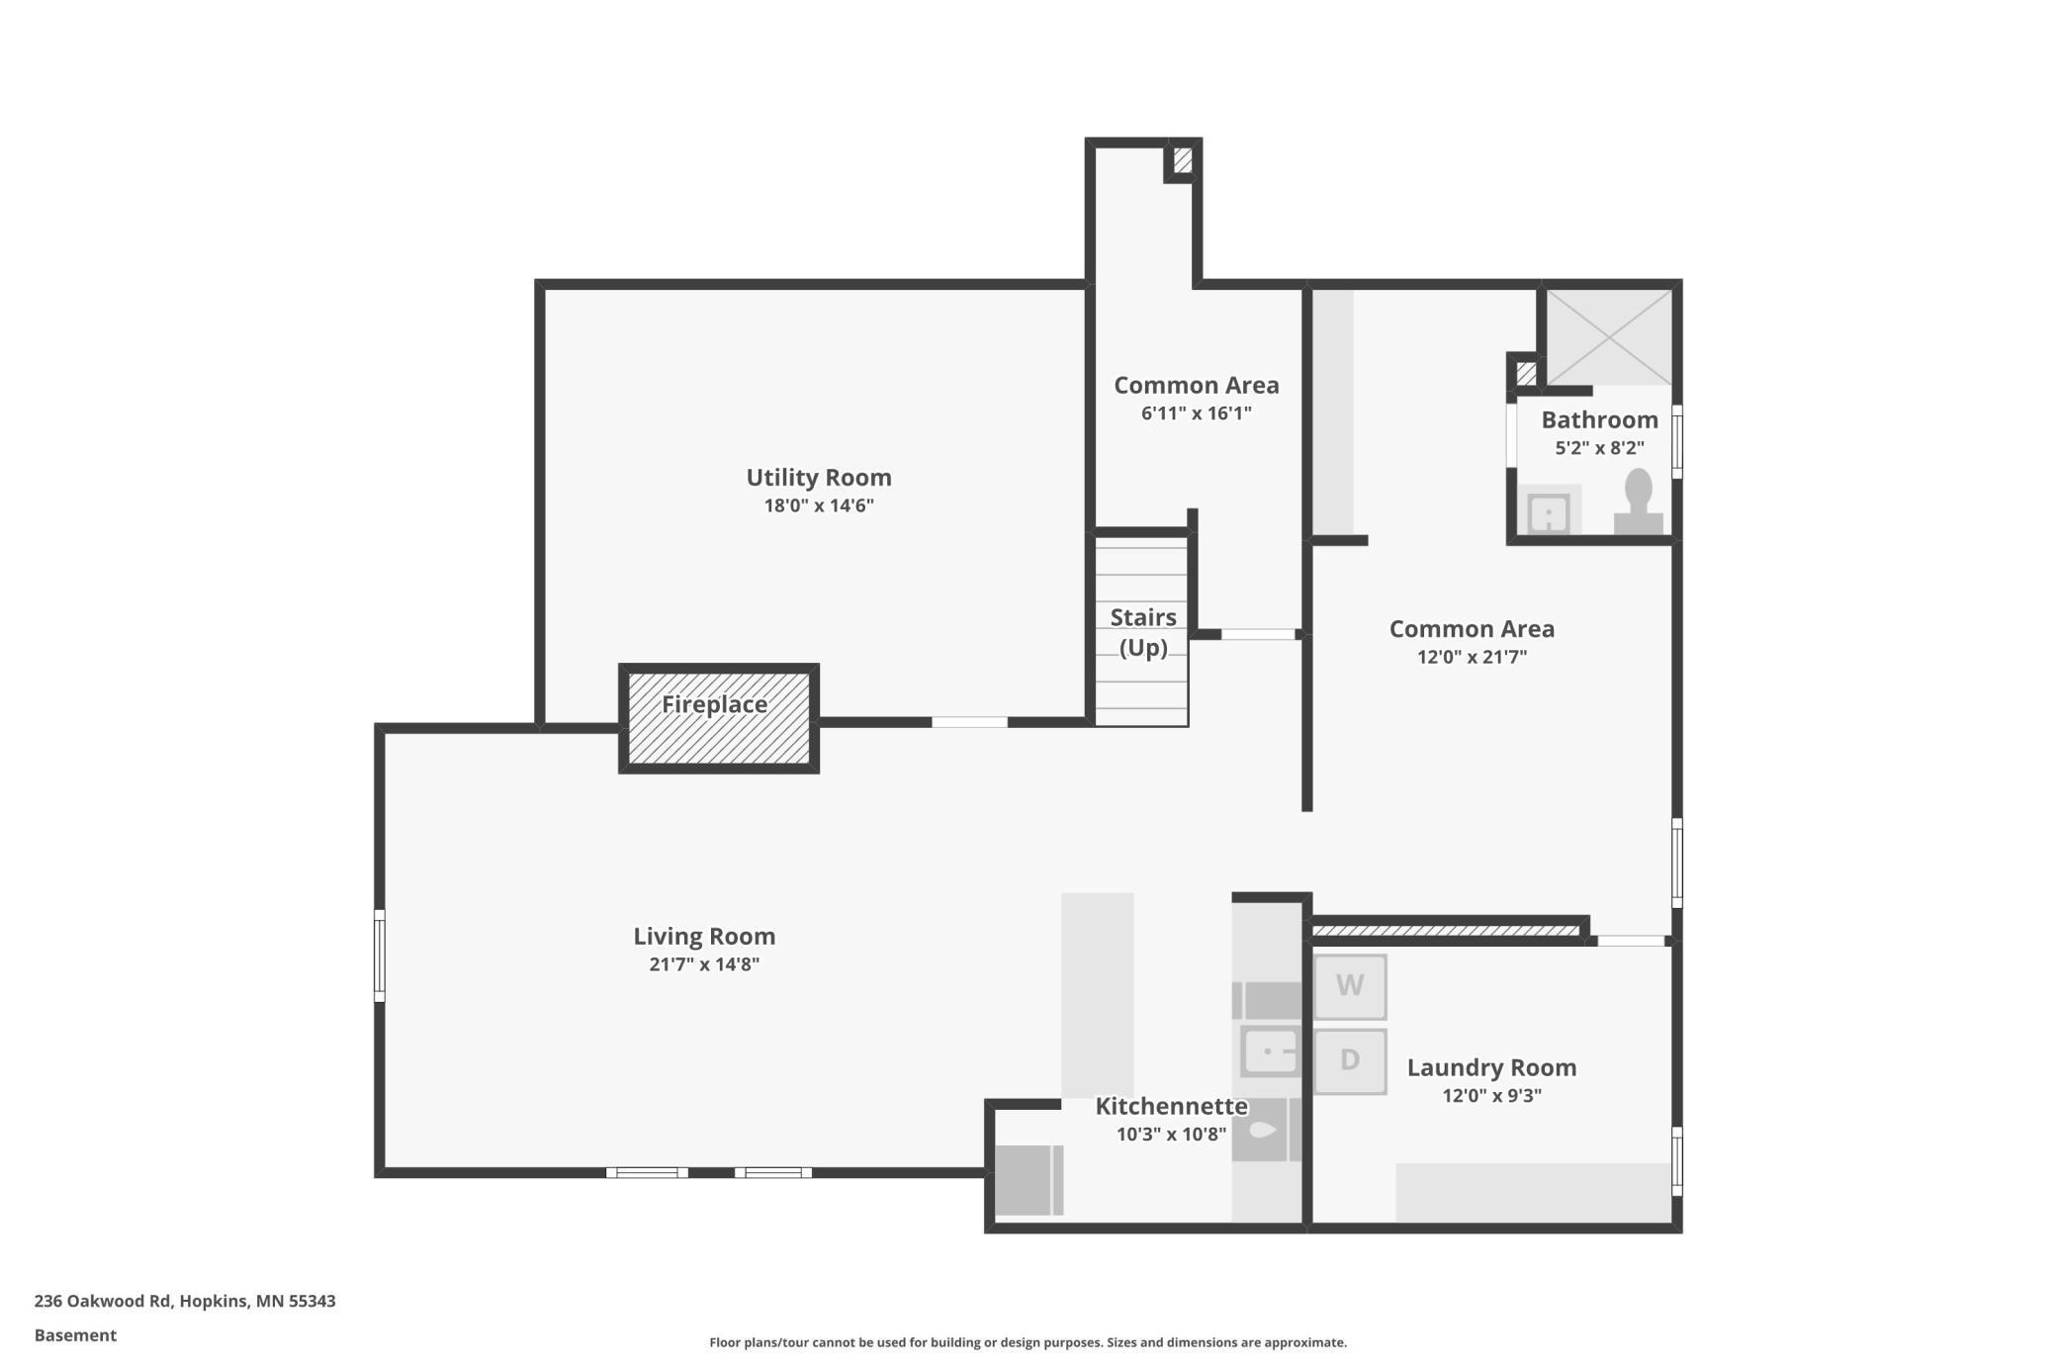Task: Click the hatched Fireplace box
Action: click(x=718, y=718)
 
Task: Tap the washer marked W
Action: click(x=1350, y=986)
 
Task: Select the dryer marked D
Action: click(x=1350, y=1061)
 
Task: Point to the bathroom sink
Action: click(x=1549, y=512)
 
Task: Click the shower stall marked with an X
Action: click(x=1609, y=336)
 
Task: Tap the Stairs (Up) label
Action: click(x=1143, y=632)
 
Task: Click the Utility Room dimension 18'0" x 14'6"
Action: click(x=818, y=505)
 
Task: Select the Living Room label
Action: click(x=703, y=936)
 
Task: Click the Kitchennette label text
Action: click(x=1171, y=1106)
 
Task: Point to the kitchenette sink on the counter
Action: click(x=1270, y=1051)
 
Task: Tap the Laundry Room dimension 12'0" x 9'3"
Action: click(x=1491, y=1095)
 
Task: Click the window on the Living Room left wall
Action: click(x=379, y=956)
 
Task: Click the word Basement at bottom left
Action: click(x=75, y=1335)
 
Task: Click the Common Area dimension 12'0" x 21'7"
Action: click(x=1472, y=657)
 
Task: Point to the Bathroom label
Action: click(x=1599, y=419)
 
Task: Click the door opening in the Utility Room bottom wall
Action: click(x=969, y=722)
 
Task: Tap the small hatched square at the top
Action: click(x=1183, y=160)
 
